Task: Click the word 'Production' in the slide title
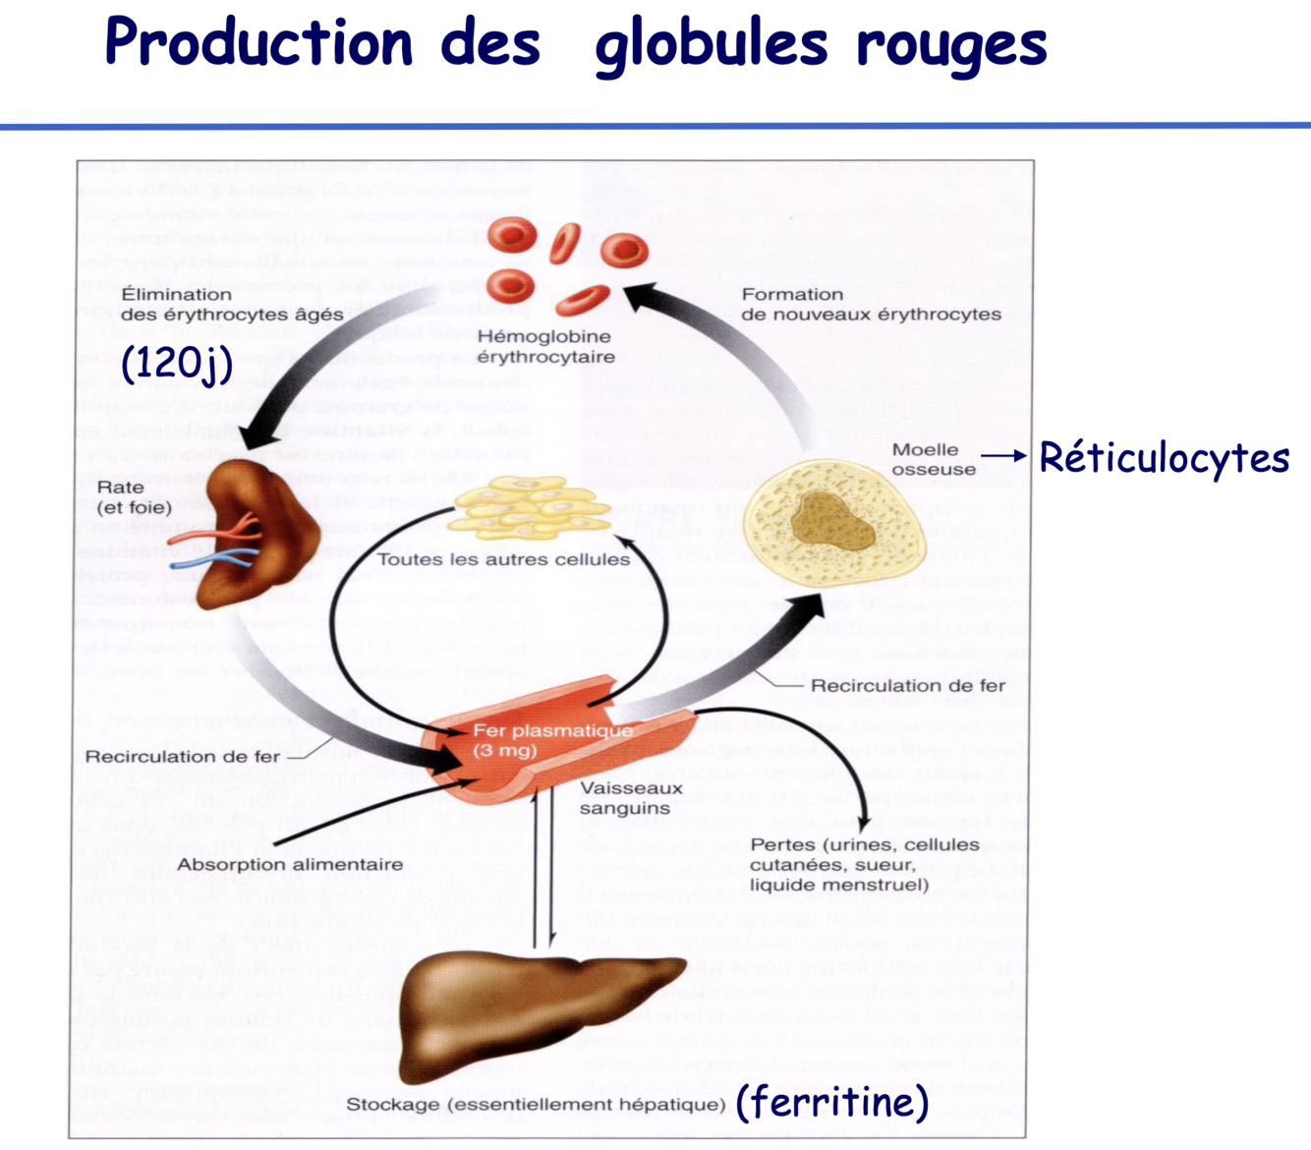pyautogui.click(x=258, y=44)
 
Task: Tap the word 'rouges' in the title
pyautogui.click(x=950, y=46)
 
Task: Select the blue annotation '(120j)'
pyautogui.click(x=177, y=364)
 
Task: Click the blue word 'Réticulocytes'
pyautogui.click(x=1164, y=458)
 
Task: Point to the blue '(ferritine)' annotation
pyautogui.click(x=831, y=1102)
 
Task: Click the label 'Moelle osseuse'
pyautogui.click(x=933, y=459)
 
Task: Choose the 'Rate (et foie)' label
pyautogui.click(x=135, y=497)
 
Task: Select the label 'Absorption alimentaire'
pyautogui.click(x=290, y=864)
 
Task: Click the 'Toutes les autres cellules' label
pyautogui.click(x=503, y=559)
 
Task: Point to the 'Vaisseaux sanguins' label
pyautogui.click(x=630, y=798)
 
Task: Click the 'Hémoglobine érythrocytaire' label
pyautogui.click(x=545, y=347)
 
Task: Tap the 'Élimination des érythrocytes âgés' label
pyautogui.click(x=232, y=304)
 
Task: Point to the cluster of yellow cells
pyautogui.click(x=532, y=509)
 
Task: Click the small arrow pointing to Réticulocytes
pyautogui.click(x=1002, y=456)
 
